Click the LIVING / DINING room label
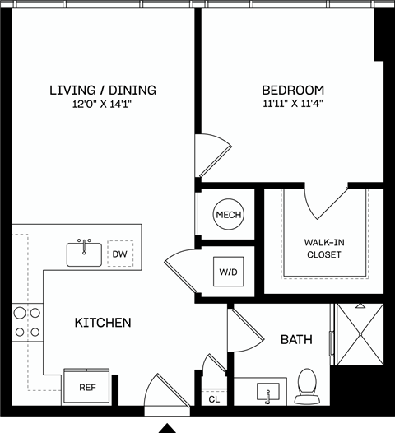(102, 90)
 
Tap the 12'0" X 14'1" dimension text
(102, 104)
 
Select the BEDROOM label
(293, 90)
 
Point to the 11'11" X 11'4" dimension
(293, 104)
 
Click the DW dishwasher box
(120, 254)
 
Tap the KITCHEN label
(103, 323)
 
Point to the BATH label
(296, 338)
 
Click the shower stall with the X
(358, 337)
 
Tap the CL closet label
(214, 399)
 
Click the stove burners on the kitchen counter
(26, 322)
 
